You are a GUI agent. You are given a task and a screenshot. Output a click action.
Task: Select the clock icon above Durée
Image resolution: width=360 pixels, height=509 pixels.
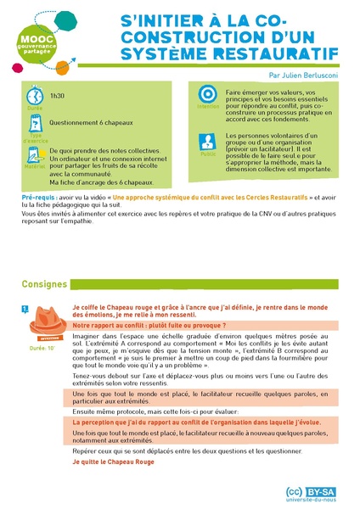(34, 96)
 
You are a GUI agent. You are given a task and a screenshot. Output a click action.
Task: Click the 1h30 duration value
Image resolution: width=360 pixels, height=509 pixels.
(57, 97)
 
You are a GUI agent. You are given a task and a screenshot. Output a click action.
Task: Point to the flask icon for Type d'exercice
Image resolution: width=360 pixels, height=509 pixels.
(34, 124)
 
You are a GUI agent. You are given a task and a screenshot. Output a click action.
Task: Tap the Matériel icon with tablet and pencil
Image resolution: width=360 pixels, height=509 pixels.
(34, 154)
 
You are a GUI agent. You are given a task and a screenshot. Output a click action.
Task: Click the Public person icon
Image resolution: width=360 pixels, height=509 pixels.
(207, 143)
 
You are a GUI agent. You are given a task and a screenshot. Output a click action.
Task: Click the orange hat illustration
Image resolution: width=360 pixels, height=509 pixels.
(46, 323)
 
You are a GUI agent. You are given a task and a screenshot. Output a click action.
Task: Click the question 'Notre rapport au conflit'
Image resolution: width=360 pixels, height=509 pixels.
(149, 325)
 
